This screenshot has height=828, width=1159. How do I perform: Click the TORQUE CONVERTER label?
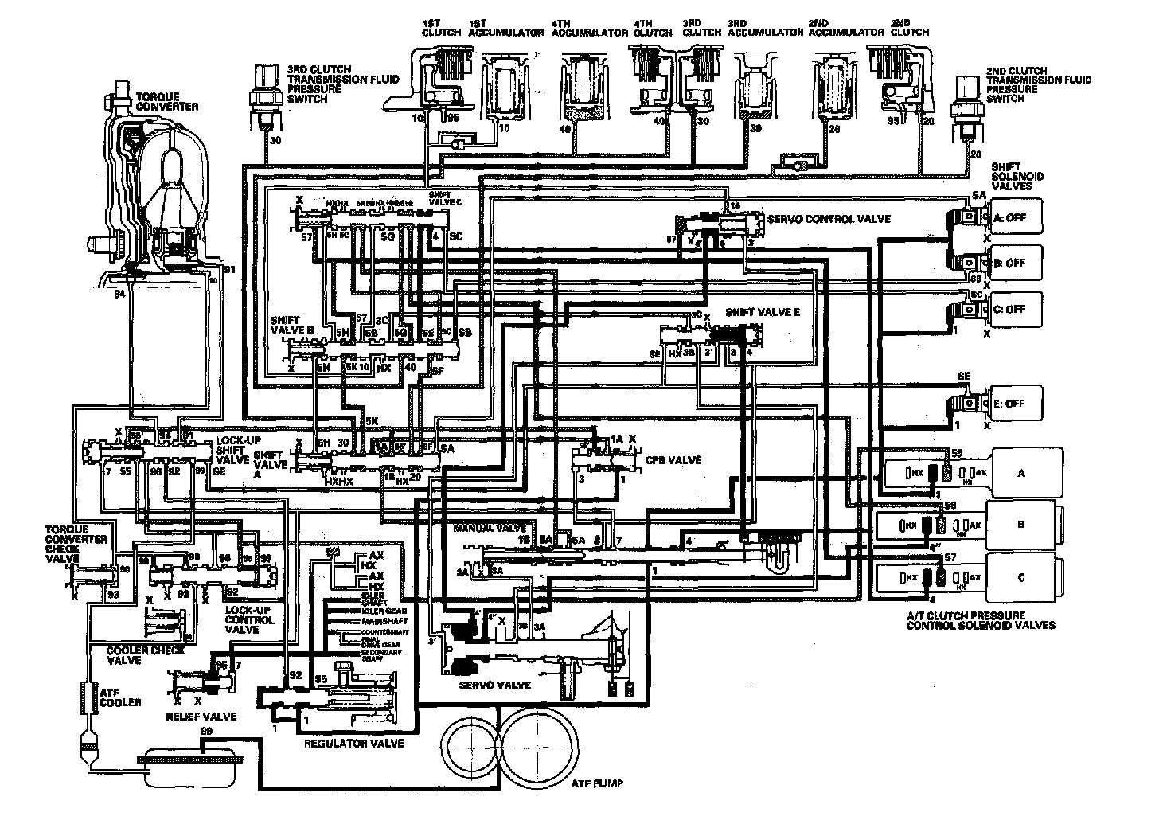166,101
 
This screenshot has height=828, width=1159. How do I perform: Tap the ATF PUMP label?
597,783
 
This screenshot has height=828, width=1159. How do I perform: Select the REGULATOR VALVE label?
354,744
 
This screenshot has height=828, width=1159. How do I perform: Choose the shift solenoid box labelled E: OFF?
1016,404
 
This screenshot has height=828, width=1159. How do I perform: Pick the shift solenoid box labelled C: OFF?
1016,310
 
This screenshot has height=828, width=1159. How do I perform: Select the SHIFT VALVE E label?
762,313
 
